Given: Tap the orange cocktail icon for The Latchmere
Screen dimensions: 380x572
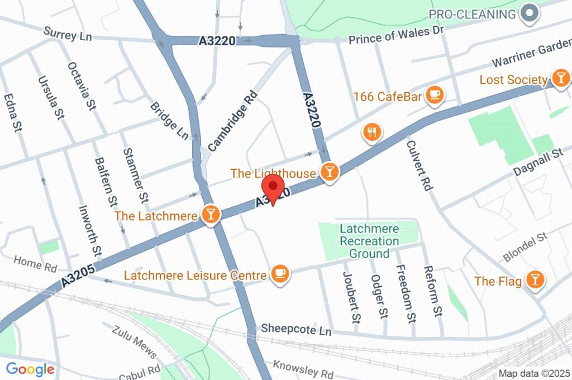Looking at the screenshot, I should pos(211,215).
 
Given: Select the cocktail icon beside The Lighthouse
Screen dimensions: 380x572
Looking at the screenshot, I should pos(330,172).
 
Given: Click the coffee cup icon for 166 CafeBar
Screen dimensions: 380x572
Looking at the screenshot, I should pos(434,96).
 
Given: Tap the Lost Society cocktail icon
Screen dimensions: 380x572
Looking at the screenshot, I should pos(560,78).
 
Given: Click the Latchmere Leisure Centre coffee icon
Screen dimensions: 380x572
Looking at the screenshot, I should pos(279,274).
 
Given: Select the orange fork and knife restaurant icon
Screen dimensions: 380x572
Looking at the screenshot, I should pos(371,132).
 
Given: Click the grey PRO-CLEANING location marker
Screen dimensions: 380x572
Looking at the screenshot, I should pos(528,13).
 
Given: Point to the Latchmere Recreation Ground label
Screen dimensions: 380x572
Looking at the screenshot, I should pos(369,241).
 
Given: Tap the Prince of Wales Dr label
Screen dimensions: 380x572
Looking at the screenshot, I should pos(395,36).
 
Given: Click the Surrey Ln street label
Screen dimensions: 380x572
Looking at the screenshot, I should pos(68,35).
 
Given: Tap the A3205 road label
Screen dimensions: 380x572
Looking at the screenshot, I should pos(78,275).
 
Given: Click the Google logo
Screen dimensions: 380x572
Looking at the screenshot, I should pos(30,369).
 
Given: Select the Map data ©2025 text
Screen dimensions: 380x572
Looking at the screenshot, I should pos(533,373).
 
